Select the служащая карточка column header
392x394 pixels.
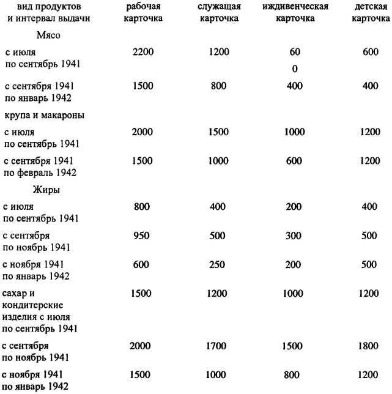click(x=219, y=12)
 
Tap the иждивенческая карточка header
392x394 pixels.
click(x=295, y=12)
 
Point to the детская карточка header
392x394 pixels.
click(x=370, y=12)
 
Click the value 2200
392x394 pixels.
click(x=144, y=53)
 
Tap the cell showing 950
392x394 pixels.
click(x=142, y=236)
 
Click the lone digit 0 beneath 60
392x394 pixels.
click(x=295, y=69)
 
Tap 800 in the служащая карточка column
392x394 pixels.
click(x=218, y=86)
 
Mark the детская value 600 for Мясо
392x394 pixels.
click(x=371, y=53)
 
